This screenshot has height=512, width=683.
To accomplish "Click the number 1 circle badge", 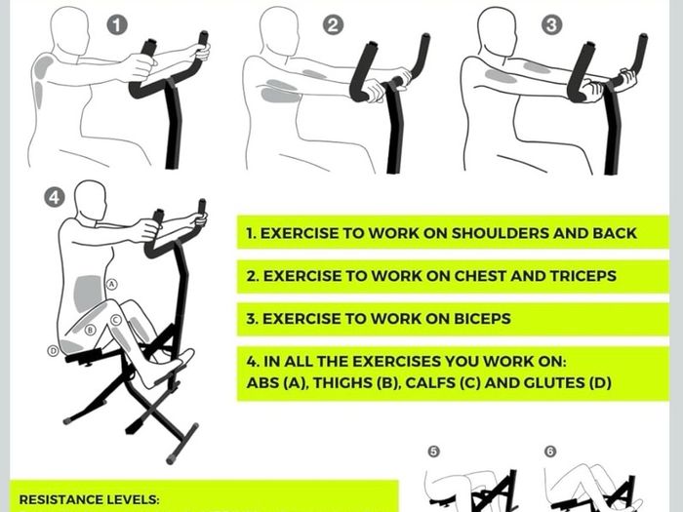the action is coord(117,24).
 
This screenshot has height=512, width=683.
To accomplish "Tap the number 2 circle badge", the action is coord(333,24).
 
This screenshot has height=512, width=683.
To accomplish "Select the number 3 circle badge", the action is coord(552,24).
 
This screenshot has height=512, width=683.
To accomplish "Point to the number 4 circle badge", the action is coord(55,198).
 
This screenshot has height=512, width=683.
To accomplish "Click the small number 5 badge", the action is coord(433,452).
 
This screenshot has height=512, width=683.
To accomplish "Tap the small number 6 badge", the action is coord(550,452).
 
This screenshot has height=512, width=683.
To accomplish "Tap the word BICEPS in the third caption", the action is coord(483,319).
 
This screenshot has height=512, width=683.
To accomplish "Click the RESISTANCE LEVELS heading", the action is coord(90,499).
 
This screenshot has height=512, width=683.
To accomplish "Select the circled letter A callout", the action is coord(112,285).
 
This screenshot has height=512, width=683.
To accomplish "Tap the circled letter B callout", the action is coord(90,330).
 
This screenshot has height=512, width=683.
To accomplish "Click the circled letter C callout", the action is coord(115,321).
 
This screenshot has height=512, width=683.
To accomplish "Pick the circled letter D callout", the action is coord(53,350).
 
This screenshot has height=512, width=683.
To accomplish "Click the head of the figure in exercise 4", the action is coord(90,200).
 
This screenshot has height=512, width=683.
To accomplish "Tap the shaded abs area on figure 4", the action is coord(89,294).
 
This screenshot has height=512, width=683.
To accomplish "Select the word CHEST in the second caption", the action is coord(480,276).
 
